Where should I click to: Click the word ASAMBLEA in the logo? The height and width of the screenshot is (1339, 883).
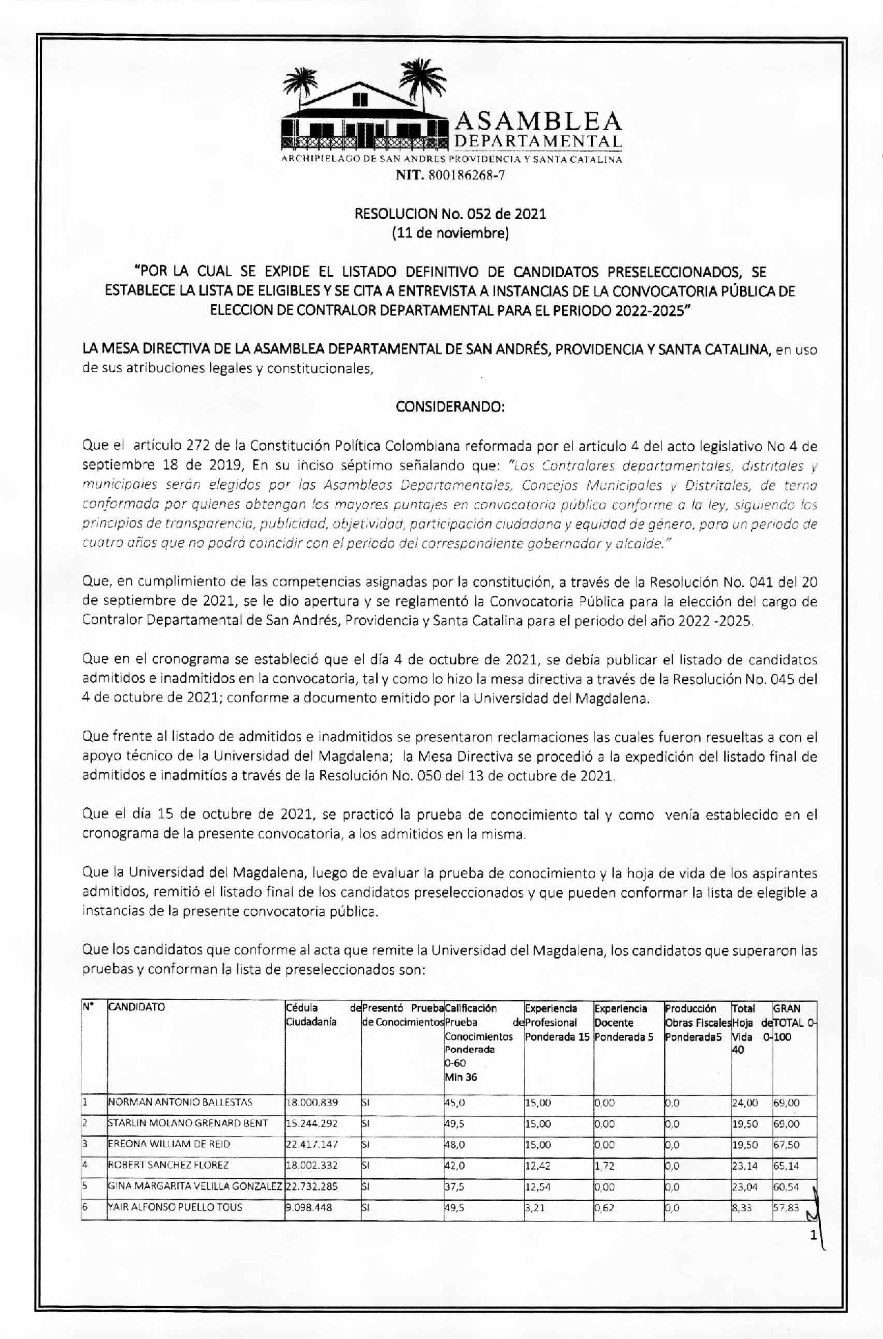[538, 122]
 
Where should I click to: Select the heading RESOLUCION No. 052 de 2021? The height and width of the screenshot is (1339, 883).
[450, 213]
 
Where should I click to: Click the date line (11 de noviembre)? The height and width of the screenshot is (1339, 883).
[450, 233]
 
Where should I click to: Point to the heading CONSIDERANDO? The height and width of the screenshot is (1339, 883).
[450, 407]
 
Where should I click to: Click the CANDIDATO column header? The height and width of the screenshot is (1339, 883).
[137, 1008]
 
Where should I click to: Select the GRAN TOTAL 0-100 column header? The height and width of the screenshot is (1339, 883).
[794, 1023]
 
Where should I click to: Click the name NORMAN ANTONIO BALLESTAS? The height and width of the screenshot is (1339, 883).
[180, 1103]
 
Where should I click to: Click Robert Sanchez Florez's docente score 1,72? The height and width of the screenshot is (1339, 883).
[605, 1166]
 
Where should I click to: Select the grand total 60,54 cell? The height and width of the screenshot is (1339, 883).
[786, 1187]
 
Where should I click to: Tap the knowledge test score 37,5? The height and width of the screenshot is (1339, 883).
[455, 1187]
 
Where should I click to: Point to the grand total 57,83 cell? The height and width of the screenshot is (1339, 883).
[786, 1208]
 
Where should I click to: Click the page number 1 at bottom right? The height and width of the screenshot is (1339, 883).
[814, 1237]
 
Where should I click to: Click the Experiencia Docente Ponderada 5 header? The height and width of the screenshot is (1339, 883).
[623, 1023]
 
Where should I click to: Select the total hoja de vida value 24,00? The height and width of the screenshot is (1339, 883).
[745, 1103]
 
